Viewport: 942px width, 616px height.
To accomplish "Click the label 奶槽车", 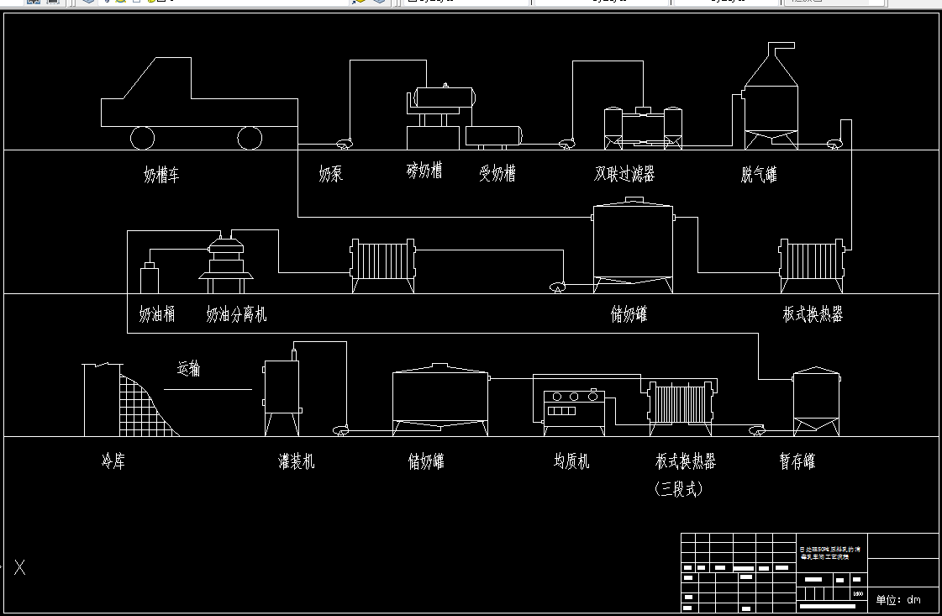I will (x=161, y=176).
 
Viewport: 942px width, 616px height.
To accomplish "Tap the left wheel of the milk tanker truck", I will (x=142, y=137).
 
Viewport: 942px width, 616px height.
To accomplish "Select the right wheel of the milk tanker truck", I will (x=250, y=137).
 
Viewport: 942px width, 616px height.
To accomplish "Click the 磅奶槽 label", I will (x=424, y=171).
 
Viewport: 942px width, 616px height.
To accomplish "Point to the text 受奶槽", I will (x=497, y=174).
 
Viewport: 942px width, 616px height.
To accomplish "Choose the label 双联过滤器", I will (x=624, y=174).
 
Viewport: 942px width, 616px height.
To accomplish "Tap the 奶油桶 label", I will (x=157, y=314).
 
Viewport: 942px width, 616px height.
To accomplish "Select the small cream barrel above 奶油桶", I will (x=150, y=277).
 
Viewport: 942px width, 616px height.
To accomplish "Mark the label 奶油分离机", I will (x=236, y=314).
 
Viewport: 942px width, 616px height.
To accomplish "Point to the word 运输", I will (x=188, y=368).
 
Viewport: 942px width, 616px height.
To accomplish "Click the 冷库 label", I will (x=113, y=461).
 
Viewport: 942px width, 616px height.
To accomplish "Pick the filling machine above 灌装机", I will (x=283, y=387).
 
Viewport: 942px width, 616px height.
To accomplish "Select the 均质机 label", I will (x=571, y=461).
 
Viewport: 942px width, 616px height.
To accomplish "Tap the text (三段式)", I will (x=678, y=488).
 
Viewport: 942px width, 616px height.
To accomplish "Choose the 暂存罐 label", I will (x=797, y=461).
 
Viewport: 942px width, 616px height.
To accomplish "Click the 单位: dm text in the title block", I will (x=898, y=599).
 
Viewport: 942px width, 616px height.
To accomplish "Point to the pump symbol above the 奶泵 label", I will (x=344, y=144).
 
